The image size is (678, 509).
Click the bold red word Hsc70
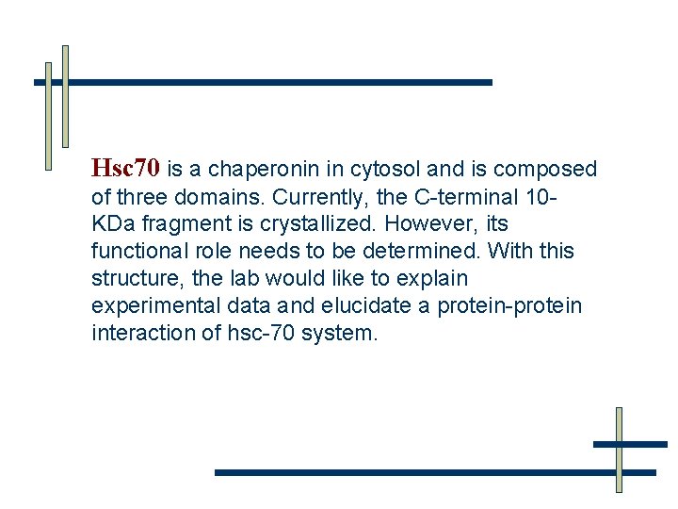pos(125,170)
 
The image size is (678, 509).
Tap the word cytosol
pos(385,170)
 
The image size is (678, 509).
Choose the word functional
pos(140,252)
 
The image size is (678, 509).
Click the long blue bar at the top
pos(273,82)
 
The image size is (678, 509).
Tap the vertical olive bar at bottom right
pos(619,450)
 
